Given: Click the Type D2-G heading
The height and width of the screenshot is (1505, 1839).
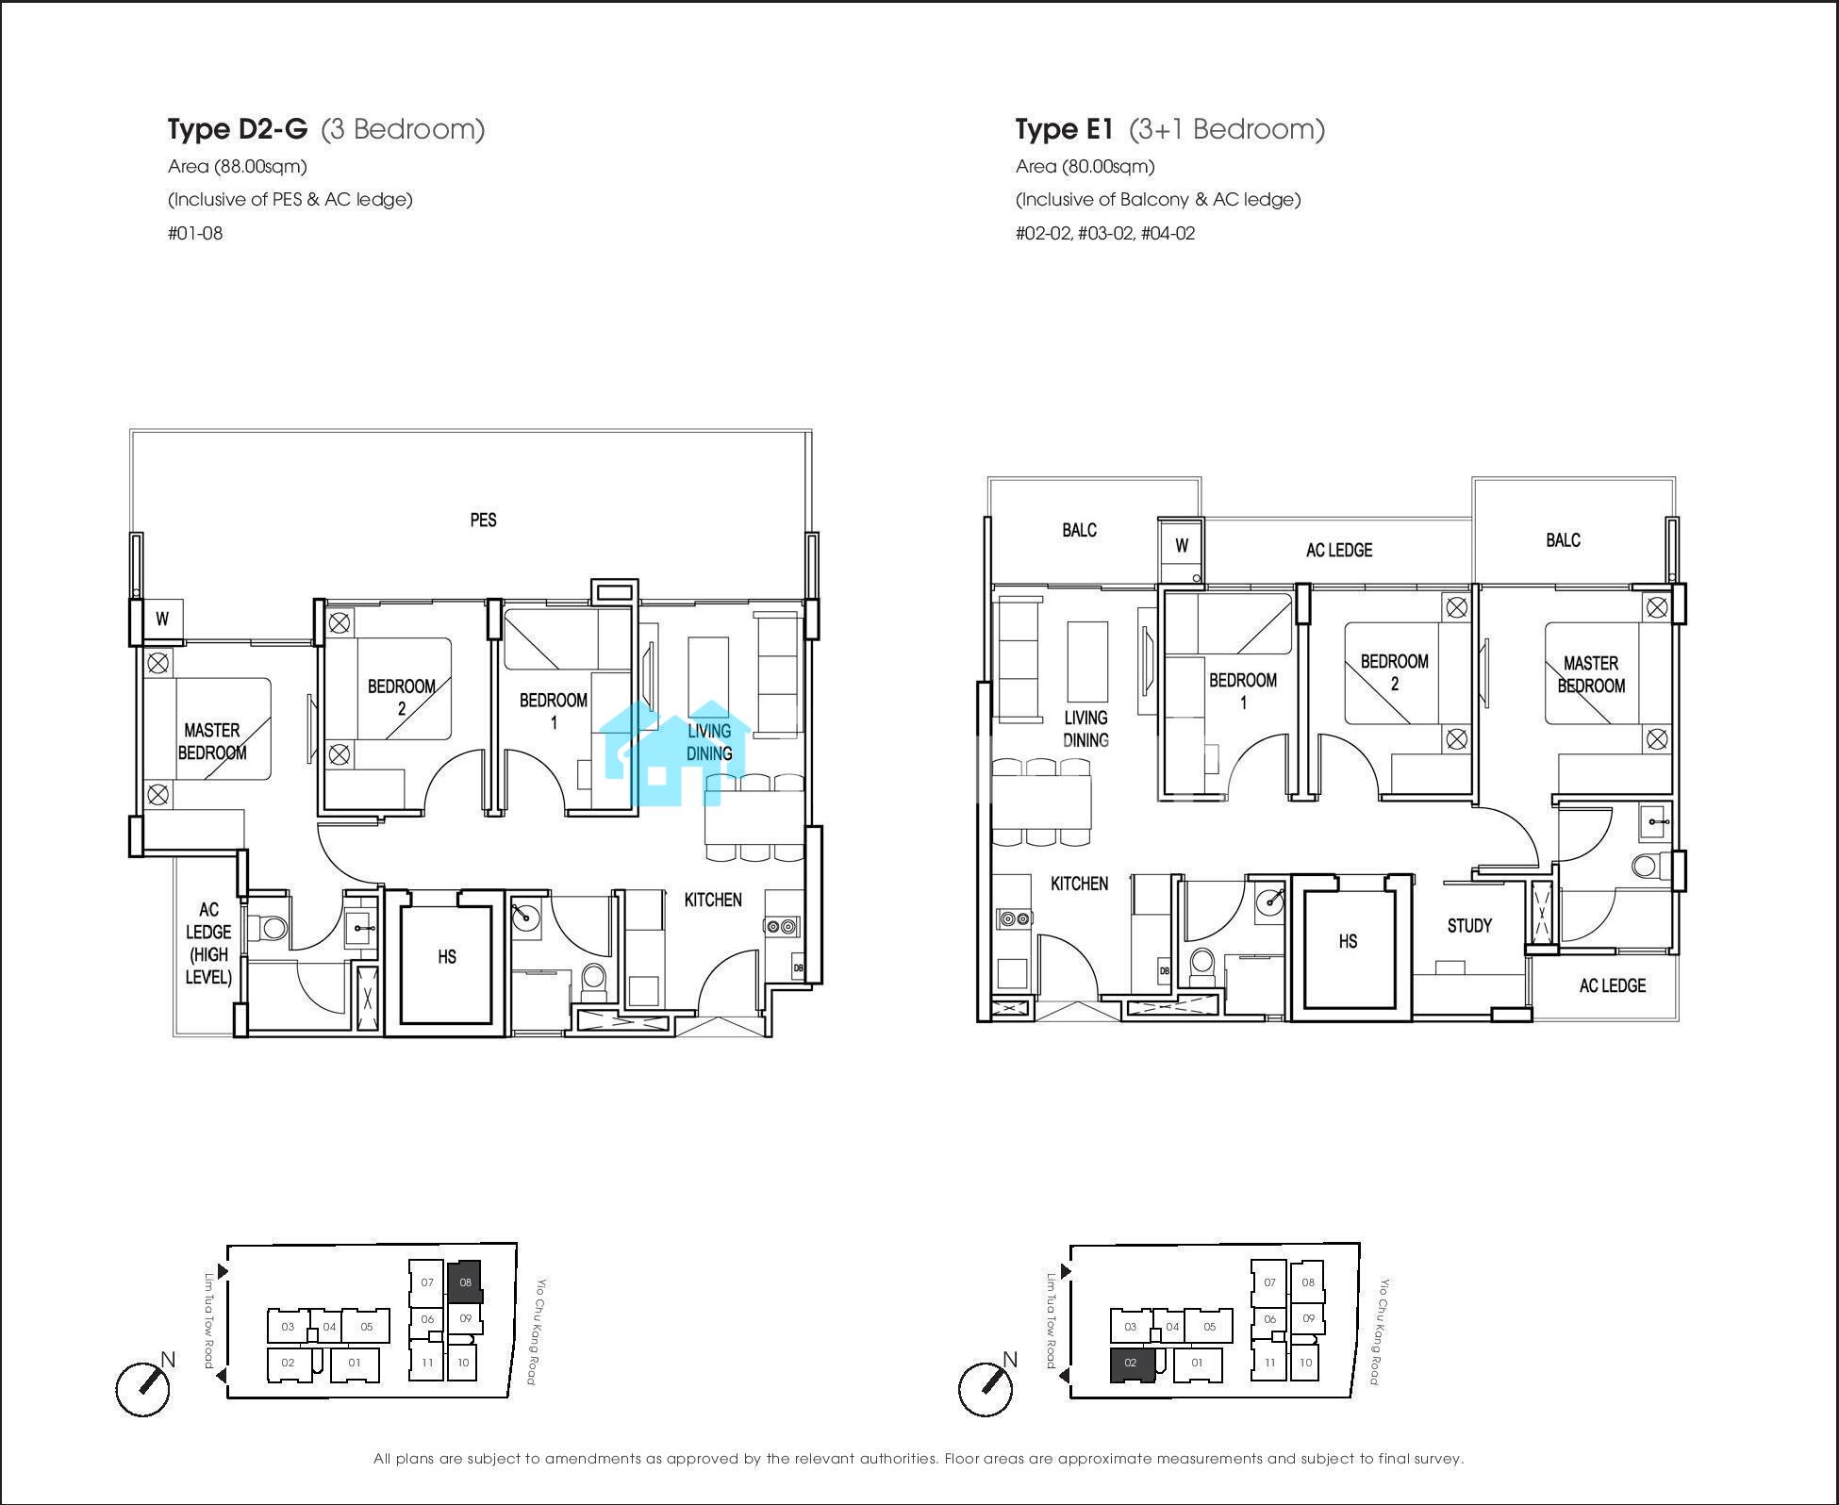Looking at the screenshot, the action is point(238,129).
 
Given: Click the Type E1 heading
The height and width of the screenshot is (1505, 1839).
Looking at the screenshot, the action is point(1065,129).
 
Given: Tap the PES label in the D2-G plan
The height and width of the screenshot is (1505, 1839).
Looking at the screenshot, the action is point(483,520).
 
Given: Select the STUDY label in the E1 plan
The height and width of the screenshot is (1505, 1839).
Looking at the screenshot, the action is point(1469,926).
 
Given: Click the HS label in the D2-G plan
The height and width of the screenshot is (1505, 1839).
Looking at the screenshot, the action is point(447,957).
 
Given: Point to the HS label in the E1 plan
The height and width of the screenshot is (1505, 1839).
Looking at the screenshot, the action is point(1348,941).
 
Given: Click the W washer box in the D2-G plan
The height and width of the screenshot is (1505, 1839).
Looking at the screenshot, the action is point(162,620).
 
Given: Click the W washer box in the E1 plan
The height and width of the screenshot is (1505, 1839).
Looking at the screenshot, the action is point(1182,546).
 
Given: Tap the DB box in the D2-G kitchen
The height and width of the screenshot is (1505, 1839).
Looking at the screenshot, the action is point(798,967).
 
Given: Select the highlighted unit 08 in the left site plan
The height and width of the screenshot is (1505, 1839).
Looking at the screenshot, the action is point(464,1282).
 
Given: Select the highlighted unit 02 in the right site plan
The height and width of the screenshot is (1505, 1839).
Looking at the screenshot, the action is point(1132,1364).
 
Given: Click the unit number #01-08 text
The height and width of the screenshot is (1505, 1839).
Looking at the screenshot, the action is point(195,233).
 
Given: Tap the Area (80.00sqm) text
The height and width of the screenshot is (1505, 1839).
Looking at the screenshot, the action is point(1085,167).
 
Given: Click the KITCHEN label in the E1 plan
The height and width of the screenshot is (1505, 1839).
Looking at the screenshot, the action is point(1079,884).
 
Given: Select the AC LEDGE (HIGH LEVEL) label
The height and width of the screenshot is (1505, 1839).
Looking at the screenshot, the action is point(208,943).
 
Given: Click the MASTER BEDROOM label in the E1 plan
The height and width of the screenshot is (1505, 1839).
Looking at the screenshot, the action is point(1591,674).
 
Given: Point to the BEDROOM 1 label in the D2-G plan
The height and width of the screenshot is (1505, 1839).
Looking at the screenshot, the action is point(554,711).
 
